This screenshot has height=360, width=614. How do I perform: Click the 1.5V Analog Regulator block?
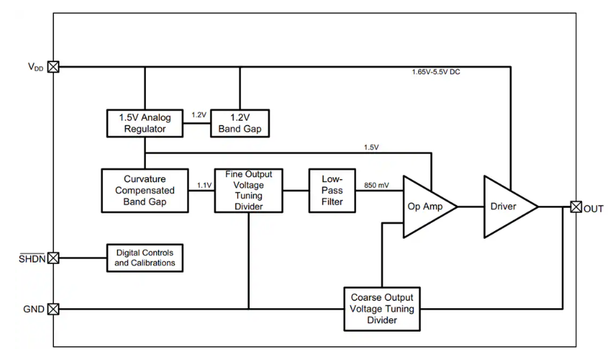pyautogui.click(x=145, y=123)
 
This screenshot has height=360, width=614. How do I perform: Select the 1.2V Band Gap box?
pyautogui.click(x=239, y=123)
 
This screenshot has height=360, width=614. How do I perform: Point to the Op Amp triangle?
pyautogui.click(x=424, y=206)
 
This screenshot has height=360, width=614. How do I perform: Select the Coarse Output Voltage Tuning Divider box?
pyautogui.click(x=381, y=309)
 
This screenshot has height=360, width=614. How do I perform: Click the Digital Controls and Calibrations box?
pyautogui.click(x=145, y=258)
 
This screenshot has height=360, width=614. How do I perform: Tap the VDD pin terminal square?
pyautogui.click(x=53, y=67)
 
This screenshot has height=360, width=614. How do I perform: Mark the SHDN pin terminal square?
pyautogui.click(x=53, y=258)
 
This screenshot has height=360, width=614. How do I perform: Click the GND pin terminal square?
pyautogui.click(x=53, y=309)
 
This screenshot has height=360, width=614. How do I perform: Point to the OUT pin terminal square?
pyautogui.click(x=576, y=207)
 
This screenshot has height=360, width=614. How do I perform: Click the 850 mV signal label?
pyautogui.click(x=377, y=185)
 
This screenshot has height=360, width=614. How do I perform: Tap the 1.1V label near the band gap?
pyautogui.click(x=203, y=185)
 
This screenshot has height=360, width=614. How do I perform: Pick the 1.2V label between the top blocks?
pyautogui.click(x=199, y=115)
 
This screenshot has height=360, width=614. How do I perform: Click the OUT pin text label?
pyautogui.click(x=594, y=209)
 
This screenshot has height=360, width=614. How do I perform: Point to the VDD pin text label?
pyautogui.click(x=33, y=67)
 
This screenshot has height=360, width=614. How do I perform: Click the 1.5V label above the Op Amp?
pyautogui.click(x=371, y=147)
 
